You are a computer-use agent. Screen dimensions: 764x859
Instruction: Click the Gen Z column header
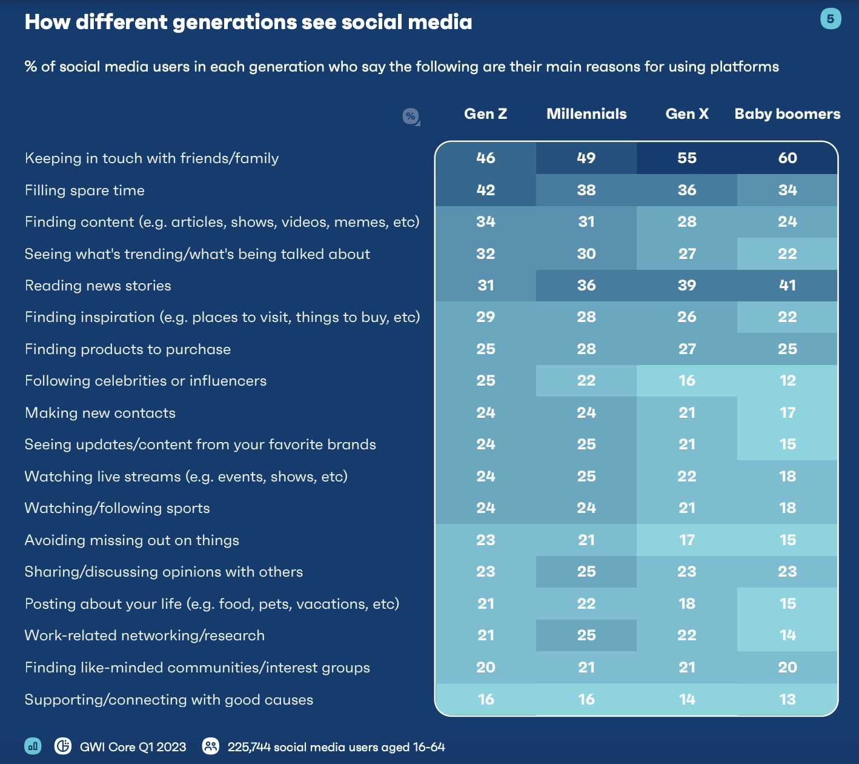pyautogui.click(x=485, y=114)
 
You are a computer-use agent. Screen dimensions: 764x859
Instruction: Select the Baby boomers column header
pyautogui.click(x=787, y=114)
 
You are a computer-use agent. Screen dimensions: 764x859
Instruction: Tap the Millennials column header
pyautogui.click(x=586, y=114)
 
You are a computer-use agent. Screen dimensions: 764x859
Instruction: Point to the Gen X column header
pyautogui.click(x=687, y=114)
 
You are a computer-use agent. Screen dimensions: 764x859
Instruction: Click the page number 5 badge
pyautogui.click(x=830, y=19)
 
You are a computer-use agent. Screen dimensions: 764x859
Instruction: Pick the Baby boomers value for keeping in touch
pyautogui.click(x=787, y=158)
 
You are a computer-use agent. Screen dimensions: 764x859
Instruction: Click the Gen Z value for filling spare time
pyautogui.click(x=485, y=190)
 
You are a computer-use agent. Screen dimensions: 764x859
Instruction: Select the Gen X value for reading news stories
pyautogui.click(x=687, y=286)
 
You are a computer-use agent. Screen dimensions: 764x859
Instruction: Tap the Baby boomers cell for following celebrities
pyautogui.click(x=787, y=381)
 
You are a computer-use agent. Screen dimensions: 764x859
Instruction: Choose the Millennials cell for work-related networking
pyautogui.click(x=586, y=635)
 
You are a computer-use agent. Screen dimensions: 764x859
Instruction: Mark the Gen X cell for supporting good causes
pyautogui.click(x=687, y=700)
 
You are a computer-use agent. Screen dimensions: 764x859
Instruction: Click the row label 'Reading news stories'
pyautogui.click(x=98, y=286)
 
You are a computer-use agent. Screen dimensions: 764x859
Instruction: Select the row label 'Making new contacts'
pyautogui.click(x=100, y=413)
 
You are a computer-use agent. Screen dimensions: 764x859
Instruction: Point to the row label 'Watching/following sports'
pyautogui.click(x=117, y=508)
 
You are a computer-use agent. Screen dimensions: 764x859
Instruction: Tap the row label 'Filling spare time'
pyautogui.click(x=85, y=190)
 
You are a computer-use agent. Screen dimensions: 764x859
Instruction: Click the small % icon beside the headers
pyautogui.click(x=411, y=116)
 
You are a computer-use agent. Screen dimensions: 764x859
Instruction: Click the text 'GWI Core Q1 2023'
pyautogui.click(x=133, y=747)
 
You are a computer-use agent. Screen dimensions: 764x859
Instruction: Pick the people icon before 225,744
pyautogui.click(x=210, y=746)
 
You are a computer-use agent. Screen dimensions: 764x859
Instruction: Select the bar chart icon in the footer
pyautogui.click(x=33, y=746)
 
